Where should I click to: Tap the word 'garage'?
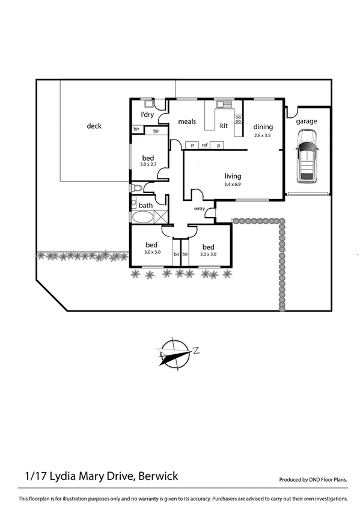pyautogui.click(x=307, y=121)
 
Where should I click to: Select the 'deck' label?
pyautogui.click(x=94, y=126)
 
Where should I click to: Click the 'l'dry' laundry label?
pyautogui.click(x=147, y=114)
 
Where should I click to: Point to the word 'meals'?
pyautogui.click(x=187, y=122)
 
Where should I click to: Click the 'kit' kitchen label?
pyautogui.click(x=224, y=126)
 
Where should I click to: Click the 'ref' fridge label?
pyautogui.click(x=204, y=145)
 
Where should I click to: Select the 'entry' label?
pyautogui.click(x=200, y=209)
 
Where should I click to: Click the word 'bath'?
pyautogui.click(x=146, y=205)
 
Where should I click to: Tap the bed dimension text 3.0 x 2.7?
pyautogui.click(x=148, y=164)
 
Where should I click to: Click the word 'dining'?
pyautogui.click(x=263, y=127)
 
